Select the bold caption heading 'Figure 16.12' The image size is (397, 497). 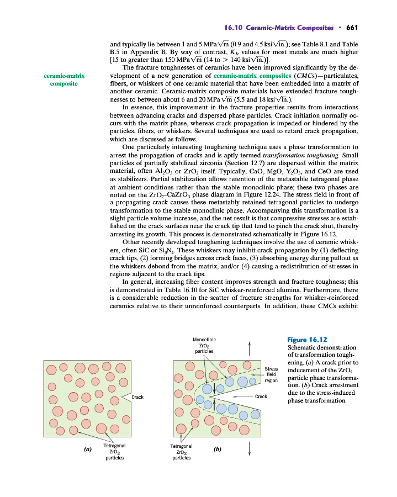click(308, 340)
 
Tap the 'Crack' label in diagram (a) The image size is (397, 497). click(137, 396)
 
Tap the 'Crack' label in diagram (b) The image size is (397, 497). click(261, 396)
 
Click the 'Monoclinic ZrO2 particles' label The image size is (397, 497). click(204, 345)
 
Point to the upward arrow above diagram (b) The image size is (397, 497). click(250, 348)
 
